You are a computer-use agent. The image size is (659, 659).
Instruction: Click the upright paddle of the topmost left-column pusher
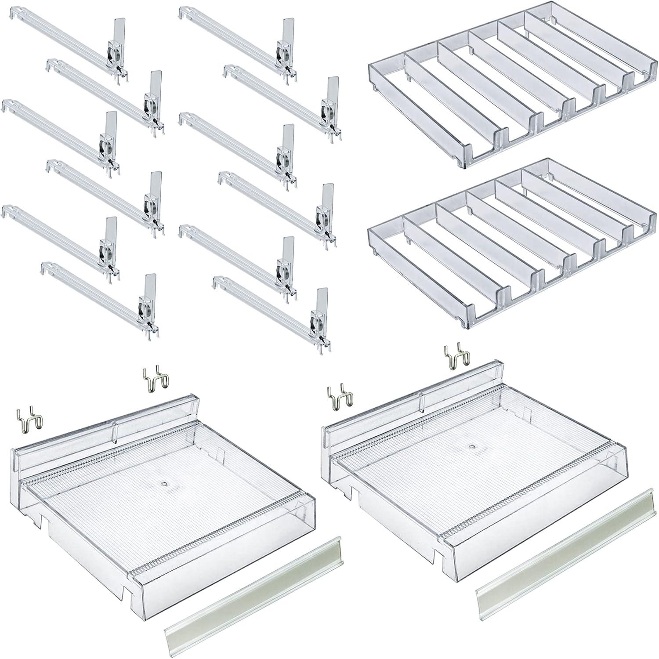[116, 30]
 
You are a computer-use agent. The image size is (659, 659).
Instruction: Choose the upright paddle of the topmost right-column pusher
[288, 30]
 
